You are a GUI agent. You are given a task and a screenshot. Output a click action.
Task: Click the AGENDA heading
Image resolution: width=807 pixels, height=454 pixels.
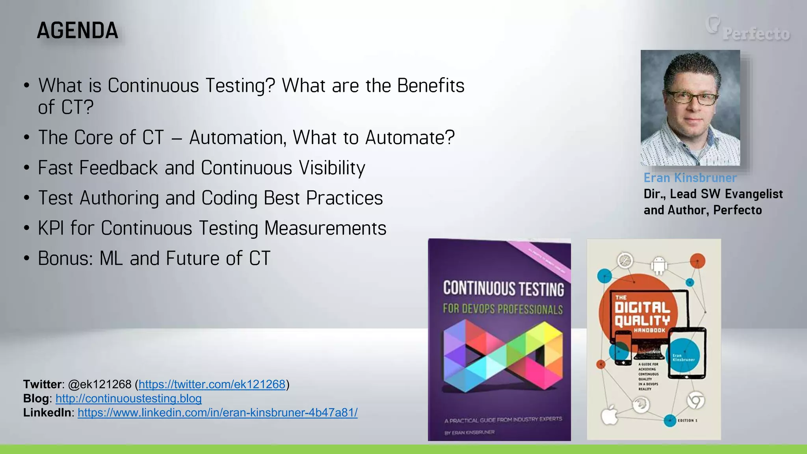(x=78, y=31)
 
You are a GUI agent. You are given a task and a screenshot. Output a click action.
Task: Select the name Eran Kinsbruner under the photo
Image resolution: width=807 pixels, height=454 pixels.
(x=690, y=178)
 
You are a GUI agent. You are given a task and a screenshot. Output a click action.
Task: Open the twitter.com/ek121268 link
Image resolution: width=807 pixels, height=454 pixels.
(x=212, y=384)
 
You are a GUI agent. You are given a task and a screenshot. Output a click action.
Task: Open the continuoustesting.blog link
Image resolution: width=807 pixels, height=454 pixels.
(x=128, y=398)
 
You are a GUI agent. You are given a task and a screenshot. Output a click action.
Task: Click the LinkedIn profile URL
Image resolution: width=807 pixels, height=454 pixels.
(x=218, y=413)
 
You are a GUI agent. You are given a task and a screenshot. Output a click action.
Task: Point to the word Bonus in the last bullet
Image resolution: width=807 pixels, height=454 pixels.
(x=65, y=259)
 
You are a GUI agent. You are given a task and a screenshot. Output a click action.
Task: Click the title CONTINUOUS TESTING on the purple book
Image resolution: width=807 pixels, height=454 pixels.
(x=503, y=288)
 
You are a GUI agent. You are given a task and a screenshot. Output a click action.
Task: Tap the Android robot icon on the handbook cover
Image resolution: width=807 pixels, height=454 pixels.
(x=659, y=266)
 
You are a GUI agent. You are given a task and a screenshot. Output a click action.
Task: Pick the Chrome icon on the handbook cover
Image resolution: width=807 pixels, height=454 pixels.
(x=695, y=401)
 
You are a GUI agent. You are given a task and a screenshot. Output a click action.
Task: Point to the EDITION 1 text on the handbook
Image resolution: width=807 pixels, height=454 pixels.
(x=687, y=421)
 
